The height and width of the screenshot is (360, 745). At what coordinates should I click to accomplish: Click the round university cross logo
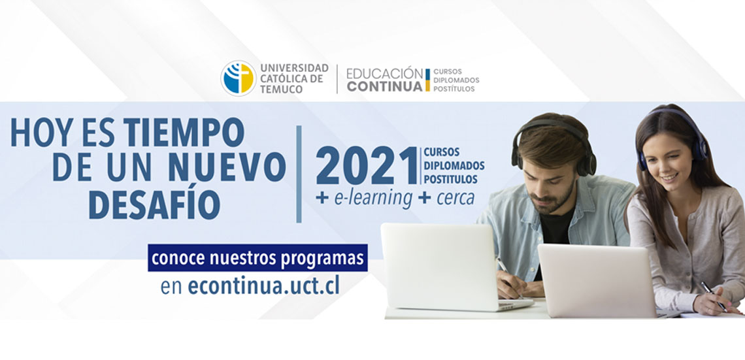pyautogui.click(x=239, y=78)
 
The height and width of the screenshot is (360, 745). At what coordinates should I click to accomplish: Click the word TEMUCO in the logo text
pyautogui.click(x=281, y=90)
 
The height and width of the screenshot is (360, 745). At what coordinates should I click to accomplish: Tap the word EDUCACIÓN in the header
pyautogui.click(x=384, y=74)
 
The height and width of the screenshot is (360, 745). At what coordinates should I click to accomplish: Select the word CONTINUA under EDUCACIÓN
pyautogui.click(x=384, y=86)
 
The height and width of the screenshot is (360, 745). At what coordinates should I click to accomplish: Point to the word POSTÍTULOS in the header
pyautogui.click(x=454, y=89)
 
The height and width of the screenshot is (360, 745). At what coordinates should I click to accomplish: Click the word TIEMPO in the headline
pyautogui.click(x=184, y=133)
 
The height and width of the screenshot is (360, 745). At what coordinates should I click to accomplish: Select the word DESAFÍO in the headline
pyautogui.click(x=154, y=205)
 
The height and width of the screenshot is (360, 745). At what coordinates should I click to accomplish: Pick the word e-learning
pyautogui.click(x=373, y=198)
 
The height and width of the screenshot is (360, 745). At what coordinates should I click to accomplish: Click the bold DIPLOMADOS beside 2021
pyautogui.click(x=454, y=166)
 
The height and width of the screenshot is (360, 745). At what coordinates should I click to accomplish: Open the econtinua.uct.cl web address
pyautogui.click(x=264, y=286)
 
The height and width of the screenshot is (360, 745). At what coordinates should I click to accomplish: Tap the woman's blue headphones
pyautogui.click(x=672, y=139)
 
